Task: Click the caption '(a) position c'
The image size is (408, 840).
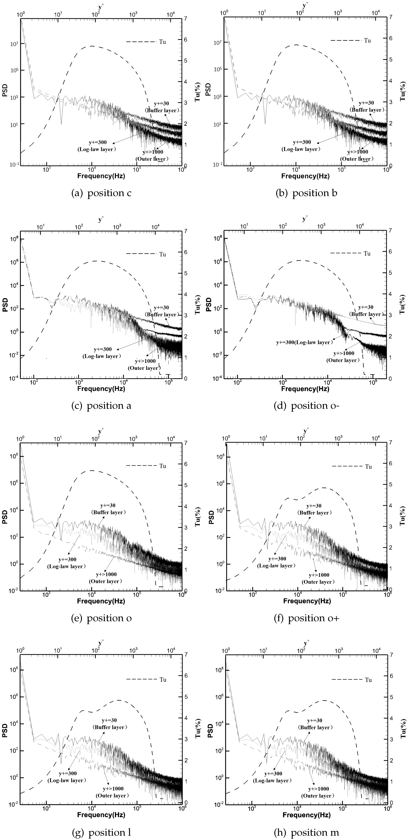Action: [101, 193]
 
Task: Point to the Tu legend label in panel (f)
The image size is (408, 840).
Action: [368, 467]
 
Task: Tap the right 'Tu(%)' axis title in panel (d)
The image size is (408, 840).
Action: [402, 304]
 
